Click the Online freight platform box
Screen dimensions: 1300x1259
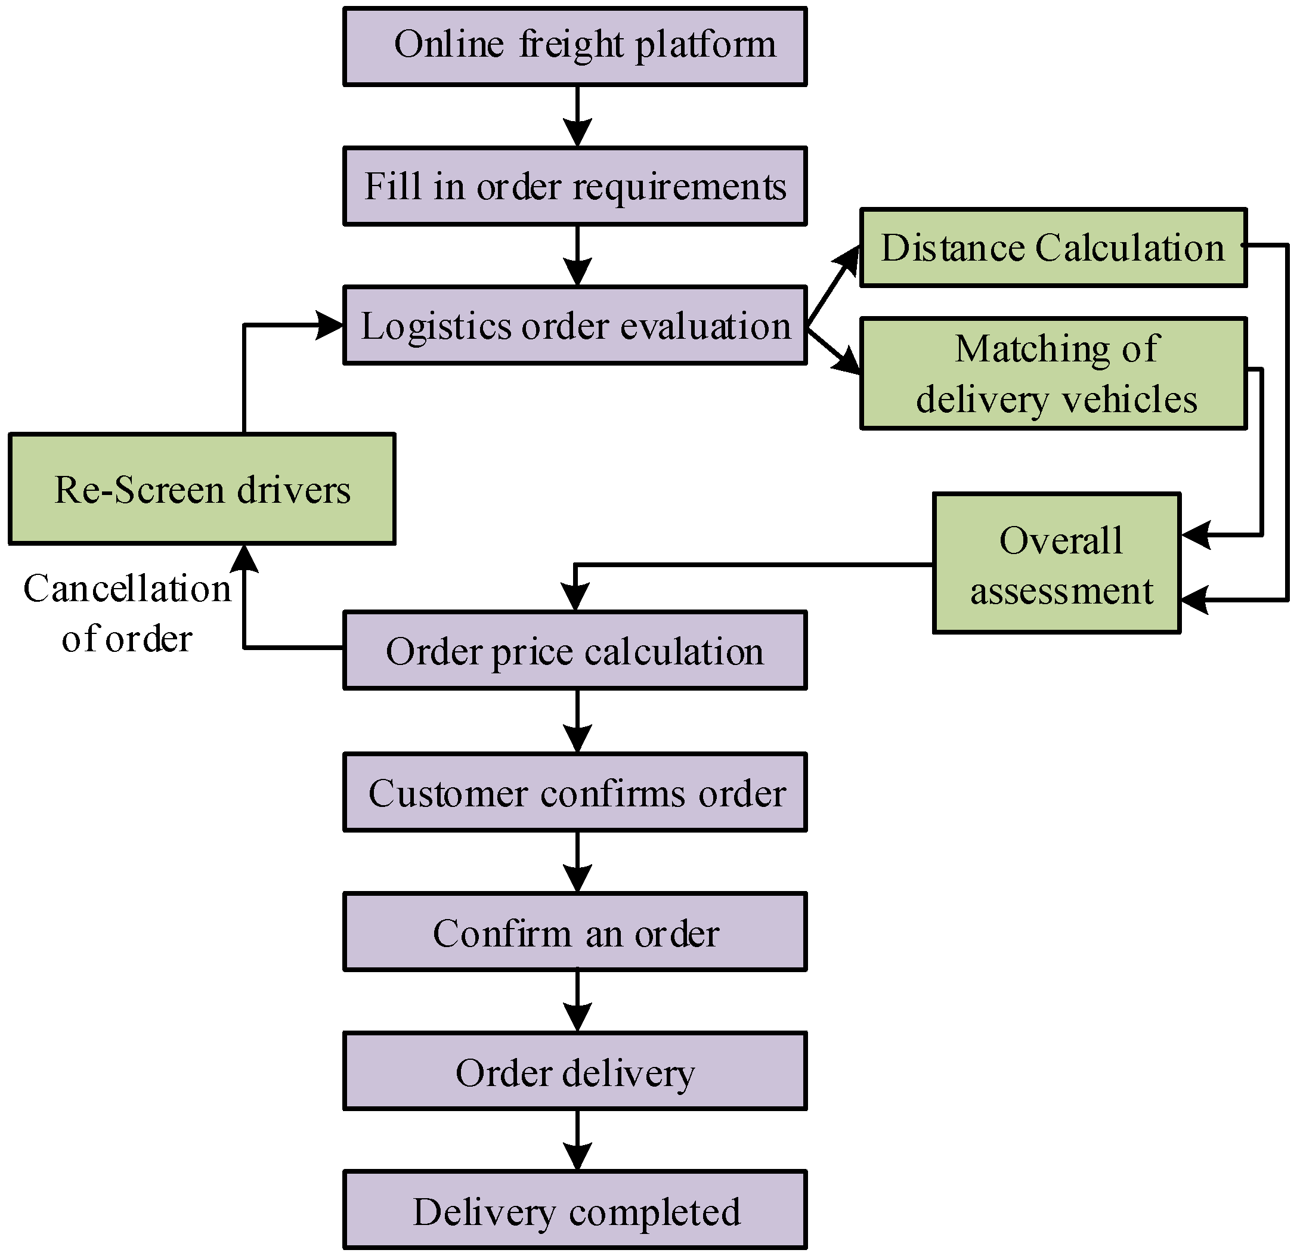(x=575, y=47)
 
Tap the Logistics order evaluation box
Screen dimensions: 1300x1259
(x=575, y=326)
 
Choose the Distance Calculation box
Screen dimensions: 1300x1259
(x=1053, y=248)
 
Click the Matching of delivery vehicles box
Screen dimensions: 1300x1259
(x=1053, y=374)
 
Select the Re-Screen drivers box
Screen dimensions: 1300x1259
(x=202, y=490)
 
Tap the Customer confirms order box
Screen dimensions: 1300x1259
(x=575, y=793)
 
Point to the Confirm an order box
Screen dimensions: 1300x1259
(x=575, y=932)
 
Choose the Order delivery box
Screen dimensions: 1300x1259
(x=575, y=1071)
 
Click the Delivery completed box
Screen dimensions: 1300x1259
(x=575, y=1211)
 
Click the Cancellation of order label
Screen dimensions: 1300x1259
(x=128, y=614)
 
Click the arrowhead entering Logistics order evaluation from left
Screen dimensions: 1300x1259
(x=330, y=325)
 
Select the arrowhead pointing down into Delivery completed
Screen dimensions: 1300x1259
(x=578, y=1157)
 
